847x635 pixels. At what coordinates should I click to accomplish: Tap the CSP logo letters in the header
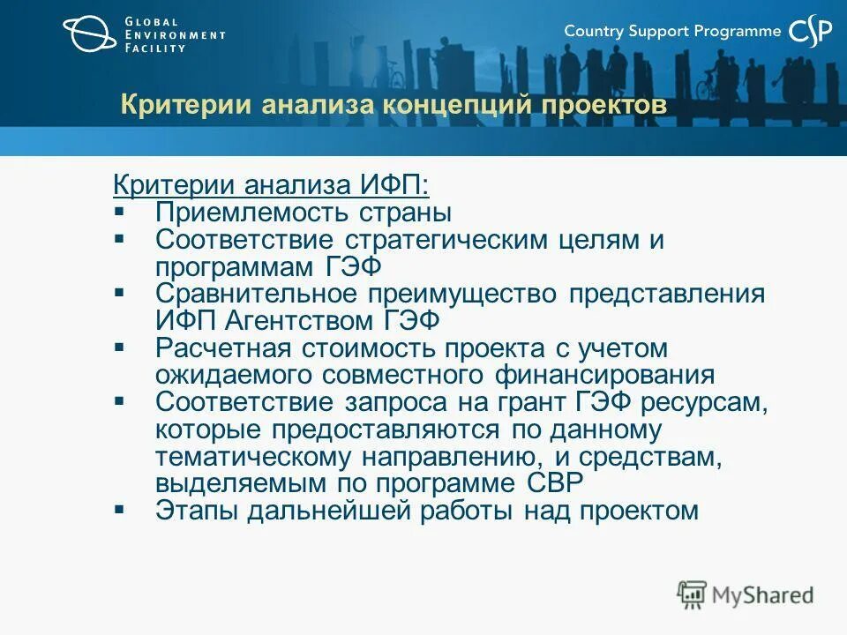tap(810, 32)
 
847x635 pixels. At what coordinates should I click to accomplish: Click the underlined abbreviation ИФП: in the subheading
tap(394, 185)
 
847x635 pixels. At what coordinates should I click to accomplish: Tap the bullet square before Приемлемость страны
tap(120, 213)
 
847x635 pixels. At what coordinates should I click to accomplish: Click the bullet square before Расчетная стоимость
tap(120, 347)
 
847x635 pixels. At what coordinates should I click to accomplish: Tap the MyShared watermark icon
tap(692, 594)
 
